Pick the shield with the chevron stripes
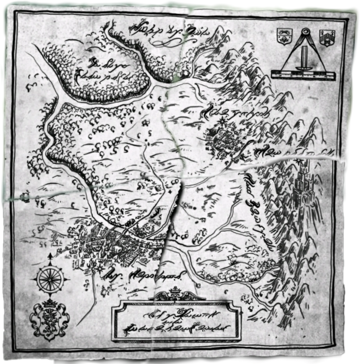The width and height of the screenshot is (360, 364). coord(326,38)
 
